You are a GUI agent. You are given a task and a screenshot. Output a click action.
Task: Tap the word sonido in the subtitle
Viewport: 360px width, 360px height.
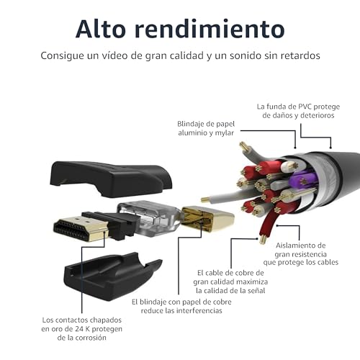242,55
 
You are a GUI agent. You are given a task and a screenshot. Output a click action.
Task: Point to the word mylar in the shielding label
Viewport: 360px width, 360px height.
224,133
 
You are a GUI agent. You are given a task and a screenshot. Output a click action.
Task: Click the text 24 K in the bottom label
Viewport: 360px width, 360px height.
82,329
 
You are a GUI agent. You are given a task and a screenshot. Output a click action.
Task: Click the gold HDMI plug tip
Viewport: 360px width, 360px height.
81,228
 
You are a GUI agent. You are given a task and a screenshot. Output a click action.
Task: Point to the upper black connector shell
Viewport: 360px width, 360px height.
111,179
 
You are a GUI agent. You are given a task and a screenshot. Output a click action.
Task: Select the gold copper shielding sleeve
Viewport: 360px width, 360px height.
207,218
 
